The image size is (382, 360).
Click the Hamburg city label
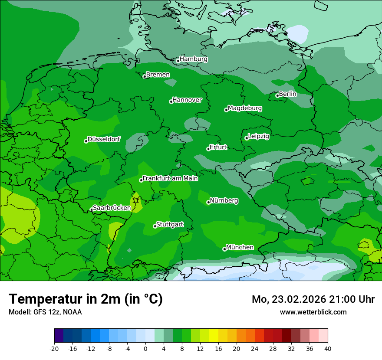tap(193, 59)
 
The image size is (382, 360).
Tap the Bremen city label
tap(158, 75)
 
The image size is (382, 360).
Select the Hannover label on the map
tap(187, 100)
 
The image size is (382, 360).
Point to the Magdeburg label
tap(244, 108)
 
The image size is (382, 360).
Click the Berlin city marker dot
tap(277, 95)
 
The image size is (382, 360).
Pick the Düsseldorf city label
tap(104, 139)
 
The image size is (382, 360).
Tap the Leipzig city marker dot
tap(247, 138)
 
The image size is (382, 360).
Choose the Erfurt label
tap(218, 147)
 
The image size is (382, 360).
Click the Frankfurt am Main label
tap(170, 178)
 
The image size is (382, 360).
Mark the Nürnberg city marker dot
tap(208, 202)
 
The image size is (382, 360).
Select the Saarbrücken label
tap(112, 208)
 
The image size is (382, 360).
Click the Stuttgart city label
tap(170, 224)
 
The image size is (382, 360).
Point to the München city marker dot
tap(224, 249)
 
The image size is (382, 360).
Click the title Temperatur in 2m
tap(86, 299)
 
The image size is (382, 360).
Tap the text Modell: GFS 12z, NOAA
tap(45, 312)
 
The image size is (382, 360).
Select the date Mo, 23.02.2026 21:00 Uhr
tap(313, 299)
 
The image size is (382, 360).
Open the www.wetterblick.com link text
tap(313, 312)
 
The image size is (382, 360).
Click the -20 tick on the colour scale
tap(54, 348)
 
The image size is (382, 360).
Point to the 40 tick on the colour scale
tap(328, 348)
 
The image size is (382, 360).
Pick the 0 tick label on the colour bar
tap(145, 348)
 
